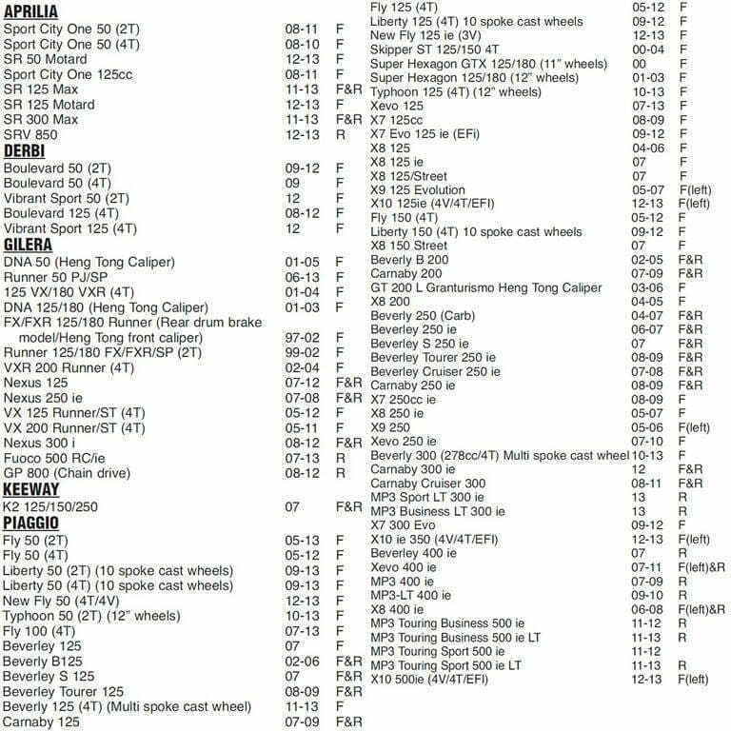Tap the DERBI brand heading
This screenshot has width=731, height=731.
click(25, 151)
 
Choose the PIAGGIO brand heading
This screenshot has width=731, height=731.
click(31, 524)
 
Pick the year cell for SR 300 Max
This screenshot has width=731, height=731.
click(301, 121)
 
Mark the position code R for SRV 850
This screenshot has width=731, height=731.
click(341, 136)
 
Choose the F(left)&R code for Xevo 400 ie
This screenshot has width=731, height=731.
click(701, 566)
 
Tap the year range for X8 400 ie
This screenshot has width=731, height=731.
click(647, 609)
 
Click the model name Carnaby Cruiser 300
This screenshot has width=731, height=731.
click(427, 483)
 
